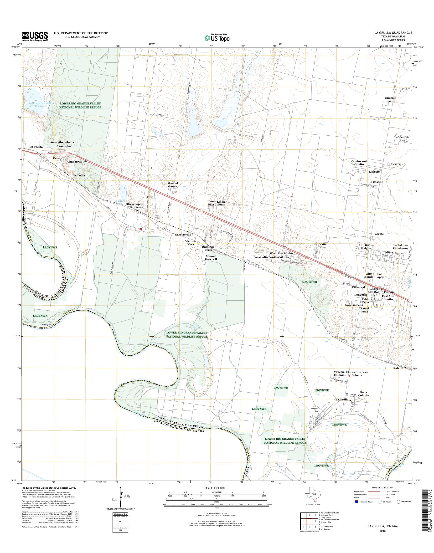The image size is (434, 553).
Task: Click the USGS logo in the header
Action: click(x=35, y=36)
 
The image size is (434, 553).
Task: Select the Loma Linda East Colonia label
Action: click(x=217, y=203)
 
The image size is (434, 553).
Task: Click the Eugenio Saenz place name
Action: click(x=391, y=99)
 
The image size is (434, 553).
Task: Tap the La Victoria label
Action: click(x=402, y=137)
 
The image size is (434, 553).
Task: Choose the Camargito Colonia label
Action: click(x=61, y=142)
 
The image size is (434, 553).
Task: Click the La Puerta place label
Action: click(x=36, y=147)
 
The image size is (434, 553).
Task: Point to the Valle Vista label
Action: click(x=323, y=246)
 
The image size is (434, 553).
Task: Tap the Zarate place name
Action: click(x=379, y=234)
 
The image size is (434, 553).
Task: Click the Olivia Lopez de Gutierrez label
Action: click(x=134, y=205)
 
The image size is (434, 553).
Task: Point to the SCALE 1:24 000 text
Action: click(x=214, y=488)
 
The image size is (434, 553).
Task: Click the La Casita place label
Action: click(x=79, y=175)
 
